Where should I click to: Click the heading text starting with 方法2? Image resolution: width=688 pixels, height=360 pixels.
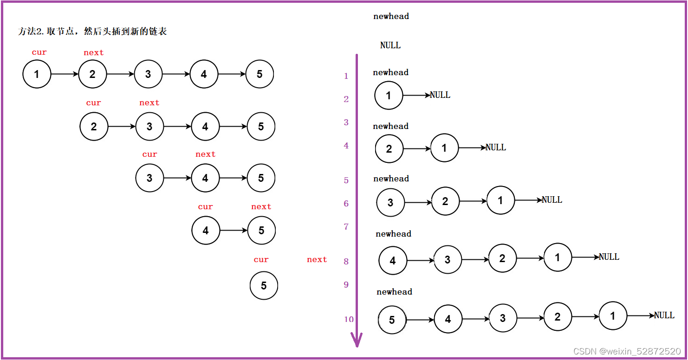(92, 32)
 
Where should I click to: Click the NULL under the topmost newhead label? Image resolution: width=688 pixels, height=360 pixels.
(390, 45)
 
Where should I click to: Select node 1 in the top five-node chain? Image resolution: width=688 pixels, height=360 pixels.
(37, 74)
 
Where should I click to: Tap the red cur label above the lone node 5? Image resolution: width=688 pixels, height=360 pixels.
(261, 260)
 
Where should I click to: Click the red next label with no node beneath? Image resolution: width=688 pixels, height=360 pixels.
(317, 260)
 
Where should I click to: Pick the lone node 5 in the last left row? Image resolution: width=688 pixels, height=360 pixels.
(264, 286)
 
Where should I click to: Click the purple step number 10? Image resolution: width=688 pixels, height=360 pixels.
(349, 319)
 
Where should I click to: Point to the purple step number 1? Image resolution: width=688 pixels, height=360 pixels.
(346, 76)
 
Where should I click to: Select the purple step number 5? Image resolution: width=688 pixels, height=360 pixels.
(346, 180)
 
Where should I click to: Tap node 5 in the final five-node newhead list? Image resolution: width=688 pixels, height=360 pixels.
(392, 320)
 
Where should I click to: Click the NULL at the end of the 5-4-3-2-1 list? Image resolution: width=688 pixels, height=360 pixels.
(664, 315)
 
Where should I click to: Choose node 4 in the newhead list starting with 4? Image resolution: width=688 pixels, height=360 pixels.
(393, 261)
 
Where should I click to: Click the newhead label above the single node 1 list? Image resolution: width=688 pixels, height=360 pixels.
(390, 72)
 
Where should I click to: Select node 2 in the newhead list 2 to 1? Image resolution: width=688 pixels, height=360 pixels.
(389, 149)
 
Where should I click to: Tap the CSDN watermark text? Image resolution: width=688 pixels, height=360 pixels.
(627, 351)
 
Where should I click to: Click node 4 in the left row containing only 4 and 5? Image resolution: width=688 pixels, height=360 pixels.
(206, 231)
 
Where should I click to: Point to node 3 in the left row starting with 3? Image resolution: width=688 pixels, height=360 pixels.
(149, 178)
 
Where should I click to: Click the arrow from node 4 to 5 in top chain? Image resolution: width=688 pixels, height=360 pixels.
(232, 74)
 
